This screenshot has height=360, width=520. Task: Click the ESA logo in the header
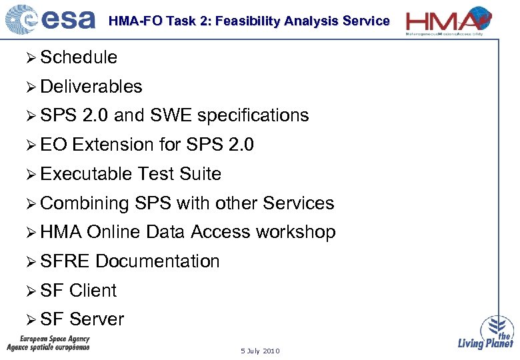click(x=50, y=19)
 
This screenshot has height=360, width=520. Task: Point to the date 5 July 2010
click(x=261, y=351)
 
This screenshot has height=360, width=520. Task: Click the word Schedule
click(x=79, y=57)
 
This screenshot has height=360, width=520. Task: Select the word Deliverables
click(x=91, y=87)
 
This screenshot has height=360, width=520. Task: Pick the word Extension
click(x=113, y=145)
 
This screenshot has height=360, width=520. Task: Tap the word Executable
click(x=86, y=174)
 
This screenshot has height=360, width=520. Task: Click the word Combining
click(x=85, y=203)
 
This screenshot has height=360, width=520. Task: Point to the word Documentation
click(x=157, y=261)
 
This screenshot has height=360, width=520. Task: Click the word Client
click(x=93, y=291)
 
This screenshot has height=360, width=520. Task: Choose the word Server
click(x=97, y=319)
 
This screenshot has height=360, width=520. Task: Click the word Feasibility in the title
click(x=246, y=21)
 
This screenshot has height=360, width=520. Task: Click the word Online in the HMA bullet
click(x=114, y=232)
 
